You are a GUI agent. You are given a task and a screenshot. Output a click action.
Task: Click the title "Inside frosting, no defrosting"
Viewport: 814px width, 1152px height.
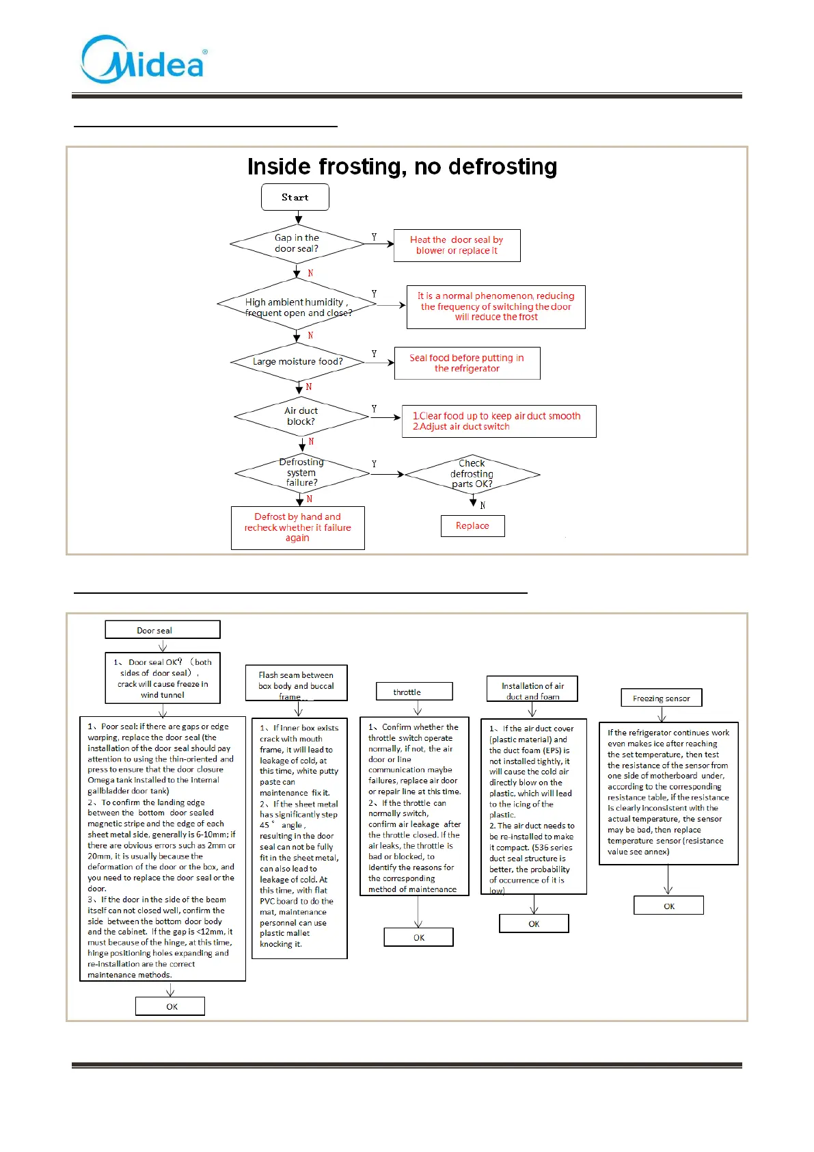pyautogui.click(x=402, y=167)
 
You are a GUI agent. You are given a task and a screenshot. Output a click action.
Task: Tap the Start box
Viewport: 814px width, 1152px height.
pyautogui.click(x=295, y=197)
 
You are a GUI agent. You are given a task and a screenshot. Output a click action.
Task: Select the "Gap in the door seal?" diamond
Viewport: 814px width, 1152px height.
pyautogui.click(x=297, y=244)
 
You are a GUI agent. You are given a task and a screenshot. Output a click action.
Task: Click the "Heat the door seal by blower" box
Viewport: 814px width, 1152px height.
pyautogui.click(x=457, y=246)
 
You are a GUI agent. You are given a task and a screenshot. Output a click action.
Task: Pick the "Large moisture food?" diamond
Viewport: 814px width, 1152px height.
pyautogui.click(x=298, y=362)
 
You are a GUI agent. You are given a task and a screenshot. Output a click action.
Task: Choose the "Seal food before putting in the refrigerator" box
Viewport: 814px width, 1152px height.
pyautogui.click(x=467, y=363)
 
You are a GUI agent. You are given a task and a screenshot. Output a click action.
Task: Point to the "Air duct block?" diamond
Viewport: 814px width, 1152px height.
pyautogui.click(x=301, y=416)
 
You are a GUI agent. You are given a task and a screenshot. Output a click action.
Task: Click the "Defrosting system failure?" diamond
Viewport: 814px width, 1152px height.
pyautogui.click(x=301, y=473)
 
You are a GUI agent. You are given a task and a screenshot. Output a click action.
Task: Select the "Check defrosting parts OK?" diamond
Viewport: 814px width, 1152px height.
pyautogui.click(x=472, y=474)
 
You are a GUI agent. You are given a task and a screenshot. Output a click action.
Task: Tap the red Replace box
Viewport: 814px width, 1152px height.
pyautogui.click(x=472, y=526)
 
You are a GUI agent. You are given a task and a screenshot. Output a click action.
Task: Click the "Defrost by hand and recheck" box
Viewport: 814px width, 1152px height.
pyautogui.click(x=297, y=527)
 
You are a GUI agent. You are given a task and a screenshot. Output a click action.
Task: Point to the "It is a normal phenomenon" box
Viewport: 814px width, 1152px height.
pyautogui.click(x=496, y=307)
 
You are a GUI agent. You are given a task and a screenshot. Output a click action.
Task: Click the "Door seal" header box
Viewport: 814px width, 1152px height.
pyautogui.click(x=163, y=630)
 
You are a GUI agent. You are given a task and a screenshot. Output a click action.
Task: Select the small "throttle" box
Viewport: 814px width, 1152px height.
pyautogui.click(x=414, y=692)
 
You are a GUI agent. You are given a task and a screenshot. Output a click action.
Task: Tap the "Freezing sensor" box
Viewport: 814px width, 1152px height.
pyautogui.click(x=662, y=698)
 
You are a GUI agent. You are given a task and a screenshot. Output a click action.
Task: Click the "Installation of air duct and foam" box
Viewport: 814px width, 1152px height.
pyautogui.click(x=532, y=690)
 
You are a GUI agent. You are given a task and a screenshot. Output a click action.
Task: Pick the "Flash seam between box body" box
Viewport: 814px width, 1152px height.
pyautogui.click(x=297, y=683)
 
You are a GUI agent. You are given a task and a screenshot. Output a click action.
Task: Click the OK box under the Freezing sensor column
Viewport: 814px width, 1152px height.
pyautogui.click(x=668, y=906)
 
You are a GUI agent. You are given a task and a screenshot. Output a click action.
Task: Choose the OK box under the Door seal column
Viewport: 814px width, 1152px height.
pyautogui.click(x=170, y=1006)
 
